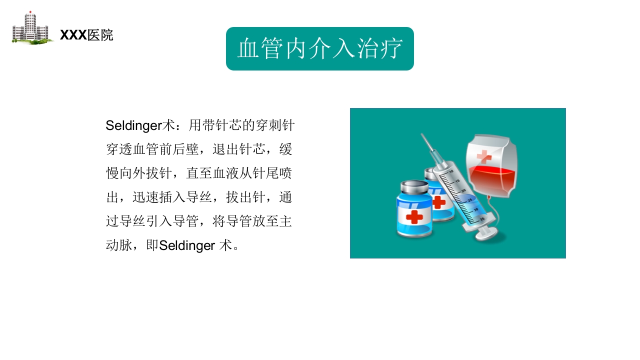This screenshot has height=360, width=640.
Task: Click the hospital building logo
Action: [x=31, y=28]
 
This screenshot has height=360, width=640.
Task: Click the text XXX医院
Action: [x=86, y=35]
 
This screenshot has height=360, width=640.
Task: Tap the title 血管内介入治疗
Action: [x=320, y=49]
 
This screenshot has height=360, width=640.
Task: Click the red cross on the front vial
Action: [x=414, y=217]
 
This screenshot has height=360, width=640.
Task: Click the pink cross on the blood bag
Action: [x=484, y=156]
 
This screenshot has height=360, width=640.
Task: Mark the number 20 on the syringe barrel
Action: [x=463, y=191]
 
